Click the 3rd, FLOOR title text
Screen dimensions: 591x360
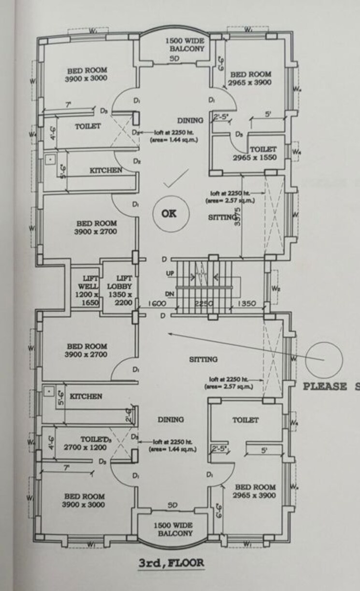171,563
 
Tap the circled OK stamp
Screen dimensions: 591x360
169,214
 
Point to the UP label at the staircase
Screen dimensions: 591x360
170,274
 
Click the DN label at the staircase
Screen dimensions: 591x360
169,294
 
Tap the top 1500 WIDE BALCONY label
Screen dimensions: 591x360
186,45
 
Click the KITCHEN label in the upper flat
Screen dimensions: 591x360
106,170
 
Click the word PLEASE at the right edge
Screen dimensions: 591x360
325,386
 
